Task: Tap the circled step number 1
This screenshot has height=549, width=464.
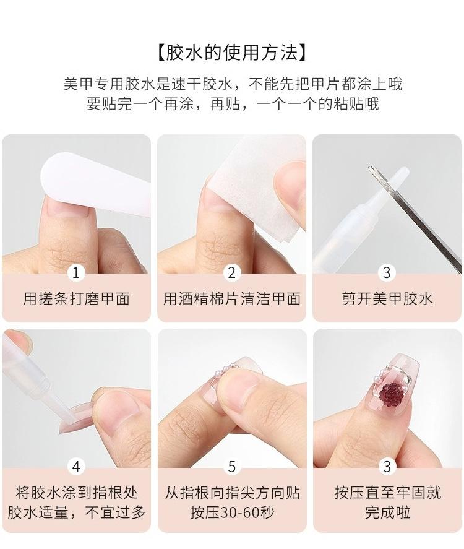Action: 76,272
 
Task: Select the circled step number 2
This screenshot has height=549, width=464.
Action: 231,272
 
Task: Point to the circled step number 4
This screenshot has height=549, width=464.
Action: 76,467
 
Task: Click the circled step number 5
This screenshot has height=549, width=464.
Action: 231,467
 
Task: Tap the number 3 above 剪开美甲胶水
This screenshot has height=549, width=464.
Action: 387,272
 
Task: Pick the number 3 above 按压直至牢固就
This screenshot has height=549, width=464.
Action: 387,467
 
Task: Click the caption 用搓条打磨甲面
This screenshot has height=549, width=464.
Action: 76,299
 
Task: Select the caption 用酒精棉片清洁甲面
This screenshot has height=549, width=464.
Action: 231,299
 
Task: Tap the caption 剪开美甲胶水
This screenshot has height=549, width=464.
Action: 387,299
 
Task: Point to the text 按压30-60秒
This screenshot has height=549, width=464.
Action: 231,512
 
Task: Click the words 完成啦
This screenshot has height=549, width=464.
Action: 387,512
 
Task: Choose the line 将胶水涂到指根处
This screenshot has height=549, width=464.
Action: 76,493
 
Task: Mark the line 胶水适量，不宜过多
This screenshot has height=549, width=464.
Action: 76,512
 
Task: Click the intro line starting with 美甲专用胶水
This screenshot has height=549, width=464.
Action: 233,84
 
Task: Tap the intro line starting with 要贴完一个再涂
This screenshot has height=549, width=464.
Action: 233,104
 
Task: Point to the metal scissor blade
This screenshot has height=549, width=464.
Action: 415,219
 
